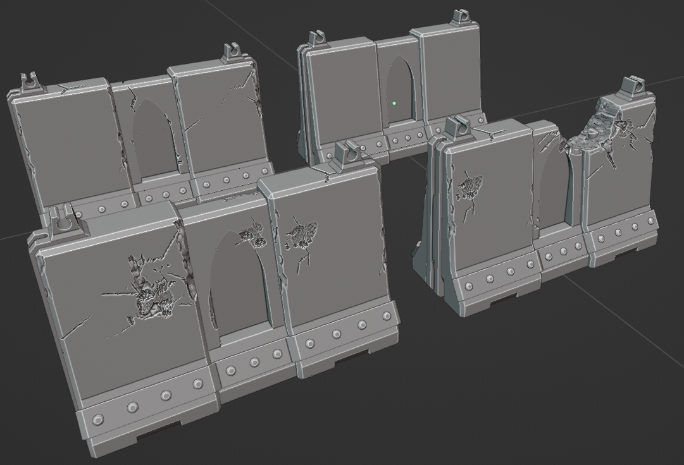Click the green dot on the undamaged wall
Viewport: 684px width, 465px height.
tap(394, 103)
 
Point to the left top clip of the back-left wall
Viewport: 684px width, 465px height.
tap(28, 82)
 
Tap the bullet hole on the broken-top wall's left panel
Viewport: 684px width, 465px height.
tap(470, 188)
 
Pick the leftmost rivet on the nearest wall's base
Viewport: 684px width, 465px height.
tap(98, 420)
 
